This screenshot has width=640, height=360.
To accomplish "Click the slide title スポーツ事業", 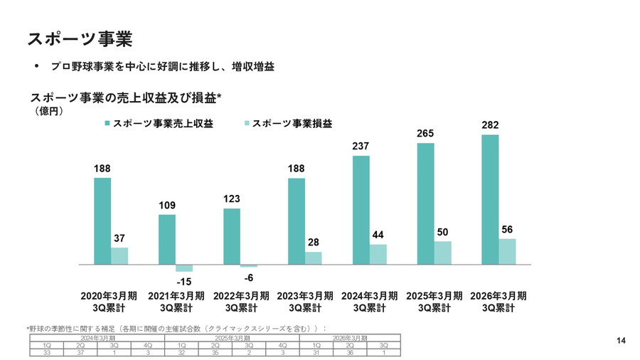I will click(x=80, y=38).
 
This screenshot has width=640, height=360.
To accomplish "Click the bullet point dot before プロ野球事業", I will click(x=36, y=66).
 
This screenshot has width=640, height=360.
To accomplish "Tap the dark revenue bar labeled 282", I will click(x=490, y=199).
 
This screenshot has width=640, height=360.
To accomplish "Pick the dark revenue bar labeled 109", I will click(x=167, y=239).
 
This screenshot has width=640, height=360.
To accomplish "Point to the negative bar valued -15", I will click(x=184, y=268).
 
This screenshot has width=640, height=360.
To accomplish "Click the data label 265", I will click(x=425, y=134).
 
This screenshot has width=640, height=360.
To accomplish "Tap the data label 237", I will click(x=361, y=146).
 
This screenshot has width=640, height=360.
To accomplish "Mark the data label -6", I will click(x=249, y=277).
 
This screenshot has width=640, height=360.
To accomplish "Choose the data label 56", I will click(x=507, y=229).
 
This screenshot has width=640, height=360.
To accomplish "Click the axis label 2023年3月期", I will click(x=305, y=295).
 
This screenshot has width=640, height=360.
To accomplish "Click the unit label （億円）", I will click(x=48, y=112).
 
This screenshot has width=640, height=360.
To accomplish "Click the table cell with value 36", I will click(x=350, y=352).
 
